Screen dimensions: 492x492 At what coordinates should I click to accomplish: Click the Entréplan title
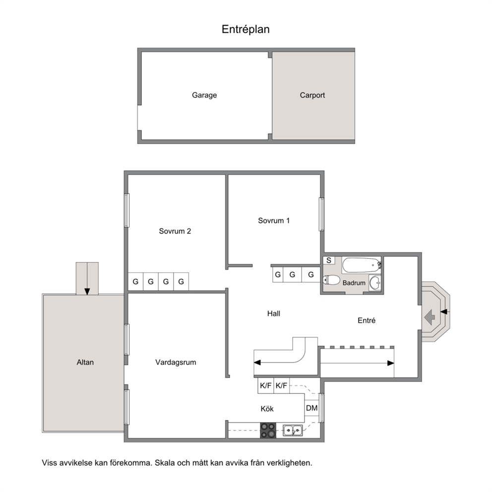[x=246, y=29]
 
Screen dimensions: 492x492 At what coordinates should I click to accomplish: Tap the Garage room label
[x=204, y=95]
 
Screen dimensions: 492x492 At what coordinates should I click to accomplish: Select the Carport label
[x=312, y=95]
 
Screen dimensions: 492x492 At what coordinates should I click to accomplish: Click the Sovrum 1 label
[x=274, y=221]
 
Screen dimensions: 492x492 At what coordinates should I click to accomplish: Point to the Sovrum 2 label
[x=175, y=231]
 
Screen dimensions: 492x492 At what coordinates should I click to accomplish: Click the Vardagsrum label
[x=176, y=363]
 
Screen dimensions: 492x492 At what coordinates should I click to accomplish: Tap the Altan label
[x=85, y=363]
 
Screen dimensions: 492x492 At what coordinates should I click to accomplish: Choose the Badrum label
[x=354, y=283]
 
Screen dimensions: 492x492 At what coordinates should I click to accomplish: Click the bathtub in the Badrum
[x=362, y=265]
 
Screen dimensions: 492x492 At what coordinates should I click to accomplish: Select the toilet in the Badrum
[x=331, y=280]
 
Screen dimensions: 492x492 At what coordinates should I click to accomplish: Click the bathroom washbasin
[x=375, y=282]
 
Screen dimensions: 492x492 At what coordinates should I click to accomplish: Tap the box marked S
[x=329, y=260]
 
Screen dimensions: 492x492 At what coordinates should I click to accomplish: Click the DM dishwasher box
[x=311, y=408]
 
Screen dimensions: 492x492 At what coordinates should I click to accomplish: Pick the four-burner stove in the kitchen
[x=268, y=430]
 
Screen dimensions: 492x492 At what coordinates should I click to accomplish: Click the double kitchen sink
[x=293, y=430]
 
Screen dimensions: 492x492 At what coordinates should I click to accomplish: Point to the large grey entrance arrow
[x=430, y=317]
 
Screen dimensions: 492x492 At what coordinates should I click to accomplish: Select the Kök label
[x=267, y=409]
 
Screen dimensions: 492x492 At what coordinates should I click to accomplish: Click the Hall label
[x=274, y=313]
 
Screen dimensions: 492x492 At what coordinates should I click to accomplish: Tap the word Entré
[x=367, y=320]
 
